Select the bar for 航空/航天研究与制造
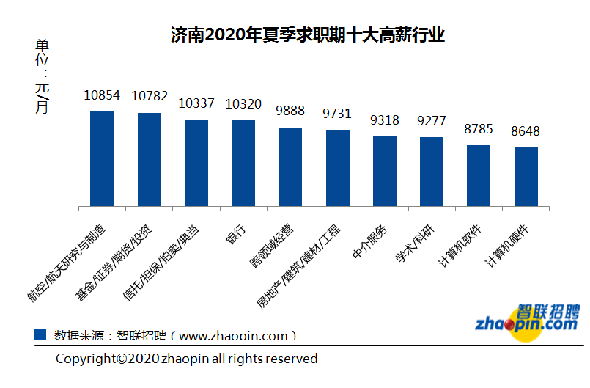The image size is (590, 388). pyautogui.click(x=102, y=158)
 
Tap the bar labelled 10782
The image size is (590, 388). pyautogui.click(x=150, y=159)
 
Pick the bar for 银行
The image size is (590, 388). pyautogui.click(x=243, y=163)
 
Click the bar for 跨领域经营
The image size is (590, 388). pyautogui.click(x=290, y=166)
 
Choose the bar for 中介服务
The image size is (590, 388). pyautogui.click(x=385, y=171)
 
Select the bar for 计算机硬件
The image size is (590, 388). pyautogui.click(x=526, y=176)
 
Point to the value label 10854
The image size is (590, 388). pyautogui.click(x=102, y=96)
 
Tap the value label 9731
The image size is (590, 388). pyautogui.click(x=337, y=114)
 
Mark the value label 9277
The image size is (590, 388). pyautogui.click(x=431, y=121)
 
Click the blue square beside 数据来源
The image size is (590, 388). pyautogui.click(x=41, y=334)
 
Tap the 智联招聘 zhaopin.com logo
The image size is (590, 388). pyautogui.click(x=527, y=323)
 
